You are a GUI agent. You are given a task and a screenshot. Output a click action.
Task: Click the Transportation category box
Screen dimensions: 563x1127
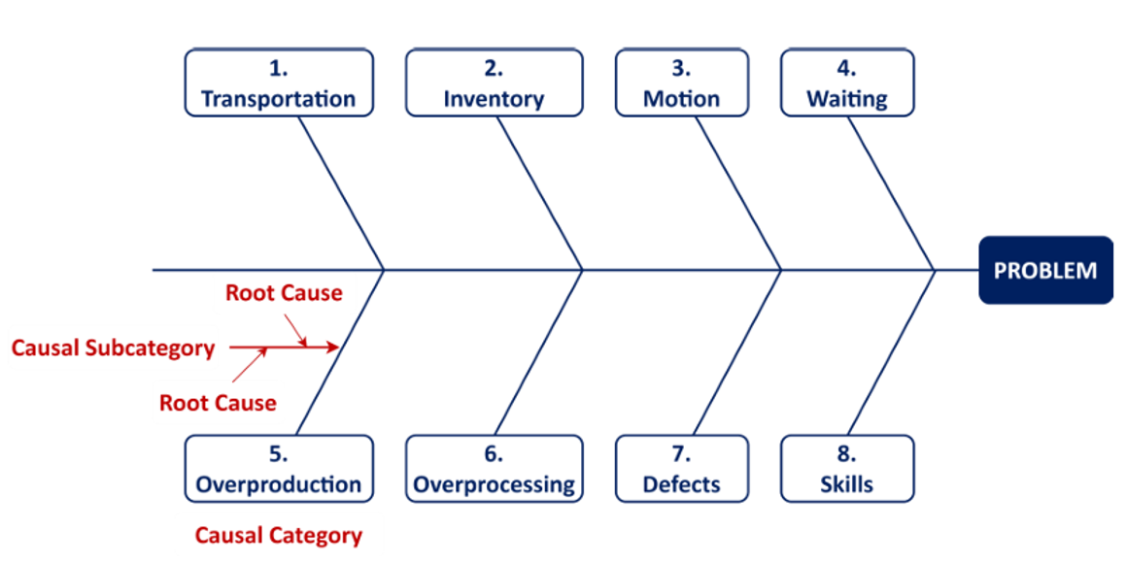click(279, 83)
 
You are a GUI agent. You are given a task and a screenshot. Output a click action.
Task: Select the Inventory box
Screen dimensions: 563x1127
click(494, 83)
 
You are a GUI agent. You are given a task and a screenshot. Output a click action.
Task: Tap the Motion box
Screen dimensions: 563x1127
click(681, 83)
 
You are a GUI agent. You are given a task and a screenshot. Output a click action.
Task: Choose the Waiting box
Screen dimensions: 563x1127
click(847, 83)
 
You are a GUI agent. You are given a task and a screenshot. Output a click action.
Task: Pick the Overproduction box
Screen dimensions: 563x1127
click(279, 469)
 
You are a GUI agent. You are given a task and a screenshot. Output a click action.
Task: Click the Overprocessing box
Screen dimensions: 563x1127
click(494, 469)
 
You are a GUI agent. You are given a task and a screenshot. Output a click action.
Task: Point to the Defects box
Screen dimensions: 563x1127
click(681, 469)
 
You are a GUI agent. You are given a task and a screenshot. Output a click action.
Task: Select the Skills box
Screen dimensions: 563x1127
click(847, 469)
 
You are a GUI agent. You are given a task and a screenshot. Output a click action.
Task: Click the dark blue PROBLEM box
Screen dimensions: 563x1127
click(1045, 270)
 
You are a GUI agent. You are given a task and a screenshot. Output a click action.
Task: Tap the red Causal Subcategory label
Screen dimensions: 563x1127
click(114, 348)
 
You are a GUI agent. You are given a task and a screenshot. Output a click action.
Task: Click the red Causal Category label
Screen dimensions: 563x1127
click(278, 535)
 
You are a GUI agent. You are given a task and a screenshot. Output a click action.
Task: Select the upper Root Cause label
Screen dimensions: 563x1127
click(284, 293)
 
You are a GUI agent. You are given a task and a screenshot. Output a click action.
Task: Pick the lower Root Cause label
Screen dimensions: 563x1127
click(218, 402)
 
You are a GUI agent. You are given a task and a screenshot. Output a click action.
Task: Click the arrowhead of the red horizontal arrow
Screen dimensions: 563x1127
click(334, 347)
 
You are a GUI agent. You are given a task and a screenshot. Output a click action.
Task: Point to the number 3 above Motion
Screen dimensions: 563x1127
click(681, 69)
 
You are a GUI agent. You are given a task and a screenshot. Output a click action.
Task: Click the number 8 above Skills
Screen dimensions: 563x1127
click(847, 454)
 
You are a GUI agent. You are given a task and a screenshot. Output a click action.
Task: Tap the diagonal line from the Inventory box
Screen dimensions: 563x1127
click(539, 192)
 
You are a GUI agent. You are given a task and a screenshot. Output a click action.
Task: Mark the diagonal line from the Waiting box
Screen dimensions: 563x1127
click(891, 192)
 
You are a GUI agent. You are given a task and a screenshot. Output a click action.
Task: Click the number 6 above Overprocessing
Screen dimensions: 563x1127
click(494, 454)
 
